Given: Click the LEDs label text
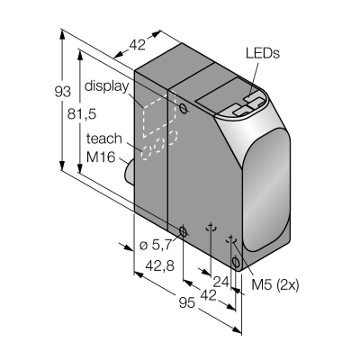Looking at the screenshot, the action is click(x=263, y=53).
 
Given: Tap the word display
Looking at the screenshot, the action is click(x=106, y=85).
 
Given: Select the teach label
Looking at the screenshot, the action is click(x=104, y=139).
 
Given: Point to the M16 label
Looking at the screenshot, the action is click(x=101, y=157).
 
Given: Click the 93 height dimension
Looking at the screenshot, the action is click(x=63, y=92).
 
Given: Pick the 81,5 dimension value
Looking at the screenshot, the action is click(x=82, y=114).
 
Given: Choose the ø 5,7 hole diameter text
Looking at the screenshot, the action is click(x=156, y=245).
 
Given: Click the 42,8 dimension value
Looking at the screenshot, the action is click(x=159, y=265).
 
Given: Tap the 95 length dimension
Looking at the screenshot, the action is click(x=187, y=303).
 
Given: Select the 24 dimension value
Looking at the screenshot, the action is click(x=221, y=282).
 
